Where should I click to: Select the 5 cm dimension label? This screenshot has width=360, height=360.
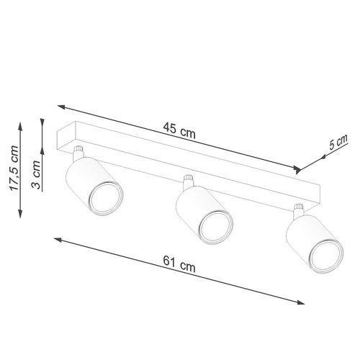[337, 143]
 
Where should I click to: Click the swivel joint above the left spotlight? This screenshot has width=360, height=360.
[78, 153]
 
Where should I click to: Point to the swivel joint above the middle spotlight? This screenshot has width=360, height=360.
[189, 182]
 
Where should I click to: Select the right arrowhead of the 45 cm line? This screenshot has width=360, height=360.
[297, 171]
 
